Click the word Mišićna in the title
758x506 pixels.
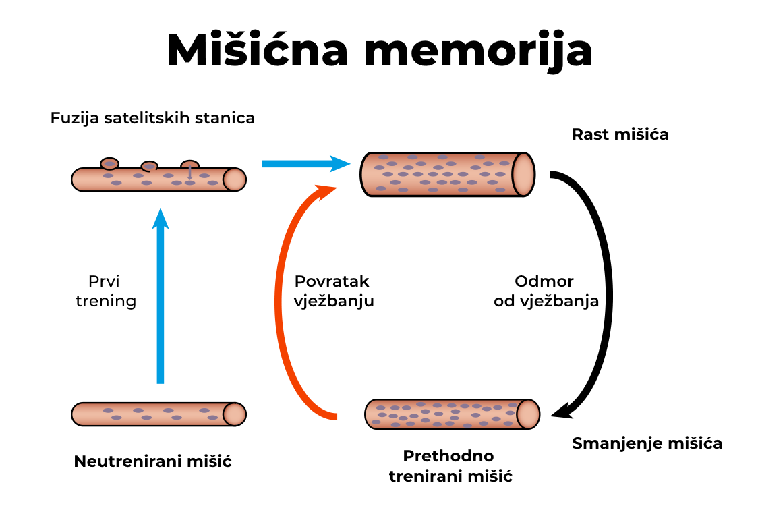tap(257, 50)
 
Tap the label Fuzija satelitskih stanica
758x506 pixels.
tap(152, 119)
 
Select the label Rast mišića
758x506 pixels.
tap(620, 134)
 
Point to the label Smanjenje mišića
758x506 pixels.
tap(647, 443)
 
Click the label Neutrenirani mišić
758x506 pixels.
tap(152, 462)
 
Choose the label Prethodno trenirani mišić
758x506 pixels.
tap(450, 466)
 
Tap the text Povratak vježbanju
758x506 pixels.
tap(334, 291)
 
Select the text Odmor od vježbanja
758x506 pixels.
tap(546, 291)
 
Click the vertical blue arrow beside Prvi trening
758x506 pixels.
tap(160, 297)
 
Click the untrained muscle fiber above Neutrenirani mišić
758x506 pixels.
tap(158, 414)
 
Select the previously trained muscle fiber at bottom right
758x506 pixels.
tap(448, 414)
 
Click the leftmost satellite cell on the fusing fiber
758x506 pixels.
tap(109, 163)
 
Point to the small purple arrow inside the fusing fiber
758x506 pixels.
tap(189, 173)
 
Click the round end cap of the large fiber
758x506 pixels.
tap(523, 174)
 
